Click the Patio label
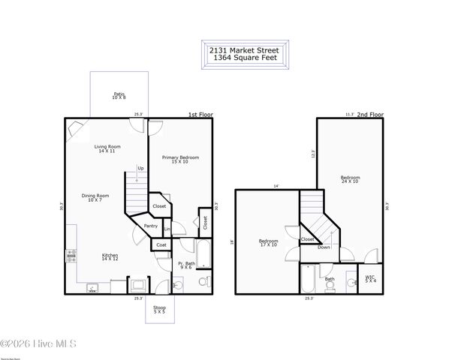(119, 96)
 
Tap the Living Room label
(108, 148)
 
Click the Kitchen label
(110, 257)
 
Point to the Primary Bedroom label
(180, 159)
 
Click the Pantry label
(151, 226)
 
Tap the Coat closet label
(160, 244)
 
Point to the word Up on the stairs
(140, 168)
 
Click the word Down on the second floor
(324, 246)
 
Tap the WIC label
(370, 278)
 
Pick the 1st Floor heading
(200, 115)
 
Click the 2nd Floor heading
(369, 115)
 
